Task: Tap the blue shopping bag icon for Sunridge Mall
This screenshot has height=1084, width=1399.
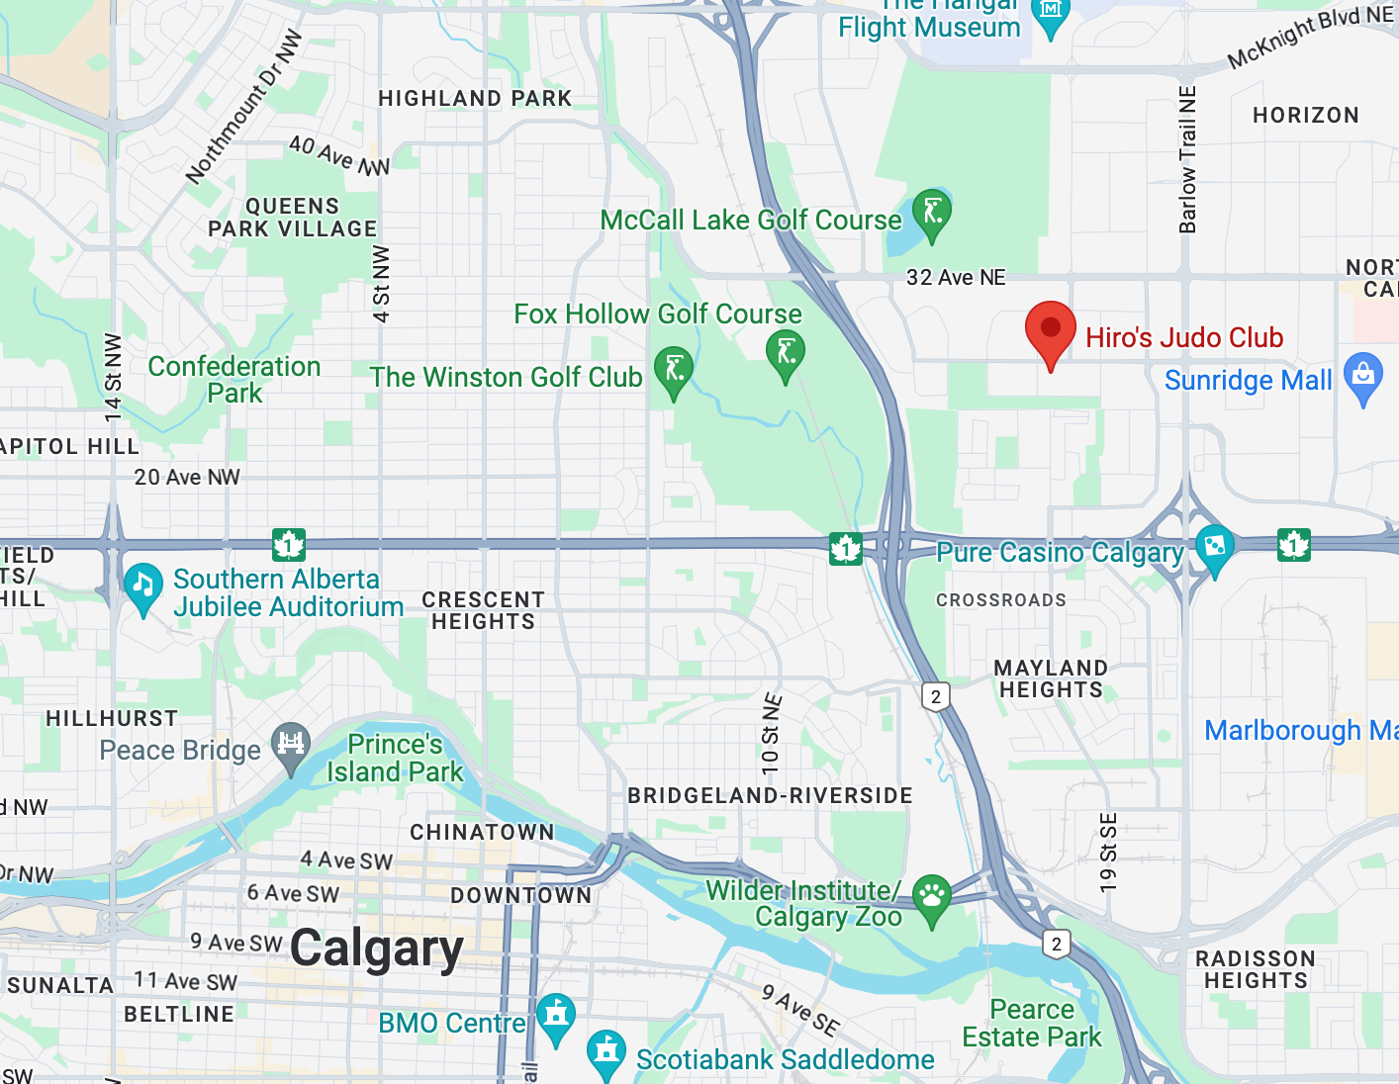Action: pos(1363,377)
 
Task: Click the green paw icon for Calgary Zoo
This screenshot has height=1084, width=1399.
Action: pos(931,897)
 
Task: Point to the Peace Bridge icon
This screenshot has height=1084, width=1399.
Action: pos(291,744)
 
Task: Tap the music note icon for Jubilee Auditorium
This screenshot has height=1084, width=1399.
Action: pos(143,586)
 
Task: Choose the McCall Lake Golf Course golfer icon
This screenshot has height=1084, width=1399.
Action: pos(932,212)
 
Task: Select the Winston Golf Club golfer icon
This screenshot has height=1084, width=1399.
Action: pos(674,369)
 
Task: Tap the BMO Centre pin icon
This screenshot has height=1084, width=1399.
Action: pos(556,1016)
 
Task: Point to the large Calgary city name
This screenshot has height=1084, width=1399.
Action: pos(377,948)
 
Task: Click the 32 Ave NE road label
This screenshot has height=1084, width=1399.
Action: pos(956,278)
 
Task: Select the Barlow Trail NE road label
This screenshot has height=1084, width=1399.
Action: pos(1187,159)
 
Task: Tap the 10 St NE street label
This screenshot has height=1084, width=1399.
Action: pos(772,733)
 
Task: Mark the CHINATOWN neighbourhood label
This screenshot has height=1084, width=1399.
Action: pos(483,832)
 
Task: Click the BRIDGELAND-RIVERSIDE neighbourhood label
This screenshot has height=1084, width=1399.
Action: pos(770,795)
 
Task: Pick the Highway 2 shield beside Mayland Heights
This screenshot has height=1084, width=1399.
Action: pos(936,696)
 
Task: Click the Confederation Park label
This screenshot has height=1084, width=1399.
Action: pos(234,380)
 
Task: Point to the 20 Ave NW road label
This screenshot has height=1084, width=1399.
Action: pos(187,477)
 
